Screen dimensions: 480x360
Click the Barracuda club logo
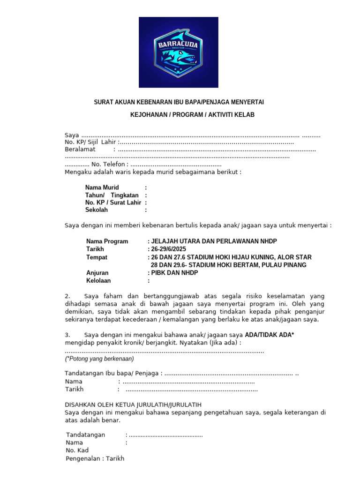178,52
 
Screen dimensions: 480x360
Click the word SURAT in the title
104,102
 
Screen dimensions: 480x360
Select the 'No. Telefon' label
108,165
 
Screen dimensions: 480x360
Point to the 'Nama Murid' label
102,187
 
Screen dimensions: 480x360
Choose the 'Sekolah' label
97,210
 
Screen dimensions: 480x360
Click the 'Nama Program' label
107,241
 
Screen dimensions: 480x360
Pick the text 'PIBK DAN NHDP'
174,273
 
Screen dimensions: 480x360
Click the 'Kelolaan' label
98,281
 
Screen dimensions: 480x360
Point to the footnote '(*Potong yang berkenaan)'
99,359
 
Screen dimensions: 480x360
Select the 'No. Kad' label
77,450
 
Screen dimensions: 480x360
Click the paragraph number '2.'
67,296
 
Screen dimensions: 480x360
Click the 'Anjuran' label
97,273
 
